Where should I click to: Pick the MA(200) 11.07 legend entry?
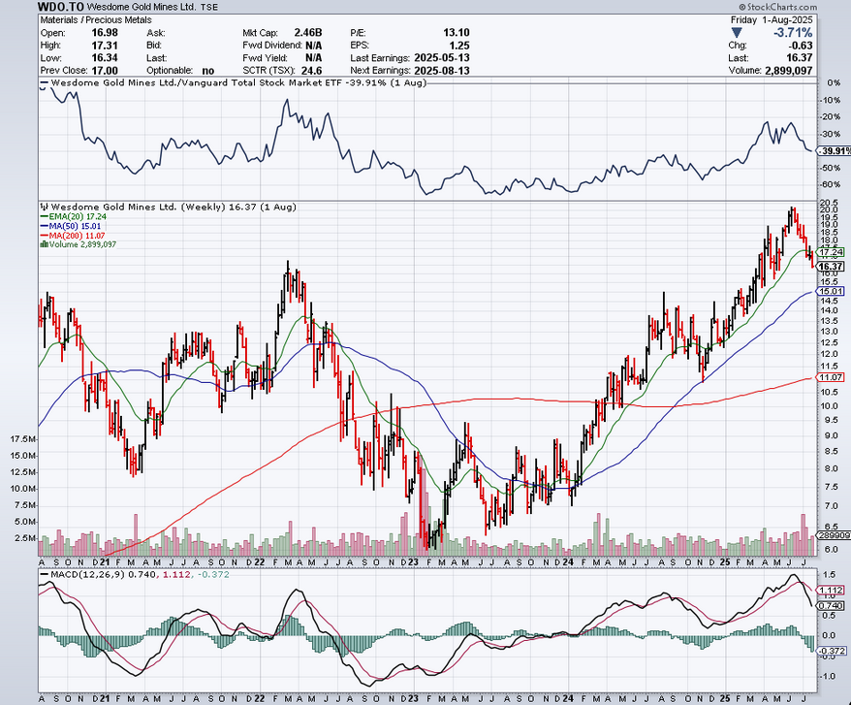click(x=75, y=236)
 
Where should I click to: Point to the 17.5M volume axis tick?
click(x=21, y=439)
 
